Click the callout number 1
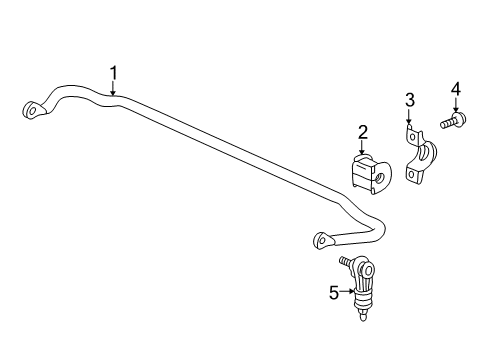tap(114, 72)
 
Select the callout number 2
tap(362, 131)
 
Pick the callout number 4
tap(456, 90)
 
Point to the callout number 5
tap(334, 293)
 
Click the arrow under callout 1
tap(114, 91)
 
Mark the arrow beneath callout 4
tap(456, 108)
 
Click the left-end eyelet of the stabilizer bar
tap(33, 110)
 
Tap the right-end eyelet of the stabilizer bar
tap(322, 240)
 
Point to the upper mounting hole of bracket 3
tap(408, 128)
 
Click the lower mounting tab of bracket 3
tap(413, 174)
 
